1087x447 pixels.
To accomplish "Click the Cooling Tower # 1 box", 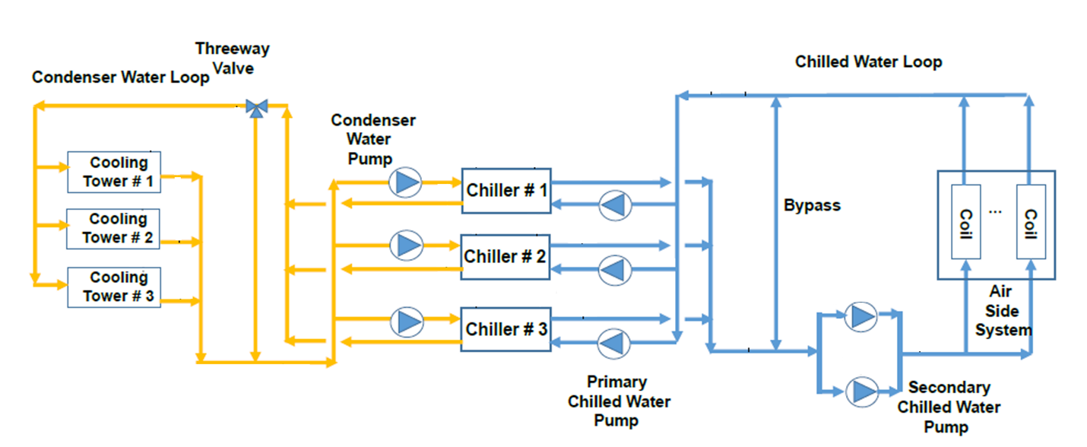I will [114, 173].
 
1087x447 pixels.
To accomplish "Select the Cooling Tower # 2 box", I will [114, 229].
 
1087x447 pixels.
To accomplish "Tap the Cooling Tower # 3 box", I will [114, 287].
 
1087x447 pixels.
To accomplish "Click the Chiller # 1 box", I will [506, 191].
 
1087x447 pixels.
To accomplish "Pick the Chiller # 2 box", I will [506, 257].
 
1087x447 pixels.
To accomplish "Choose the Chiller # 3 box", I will [506, 329].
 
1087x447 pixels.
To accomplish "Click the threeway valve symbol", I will [257, 109].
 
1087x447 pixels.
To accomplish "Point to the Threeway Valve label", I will [232, 58].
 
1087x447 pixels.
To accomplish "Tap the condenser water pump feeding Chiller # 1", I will [405, 182].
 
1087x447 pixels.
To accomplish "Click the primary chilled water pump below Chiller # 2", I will [614, 269].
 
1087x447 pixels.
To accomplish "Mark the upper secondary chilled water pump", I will [860, 315].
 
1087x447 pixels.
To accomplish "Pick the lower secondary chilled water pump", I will [861, 390].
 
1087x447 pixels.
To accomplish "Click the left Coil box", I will [965, 222].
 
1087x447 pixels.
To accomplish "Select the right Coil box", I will [1031, 222].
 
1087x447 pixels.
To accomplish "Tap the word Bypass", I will [812, 205].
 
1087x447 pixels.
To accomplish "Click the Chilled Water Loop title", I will [868, 62].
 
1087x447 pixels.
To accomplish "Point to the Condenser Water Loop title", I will [120, 78].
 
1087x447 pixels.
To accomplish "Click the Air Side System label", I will [1003, 310].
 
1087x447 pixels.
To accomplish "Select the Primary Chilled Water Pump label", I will [619, 400].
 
